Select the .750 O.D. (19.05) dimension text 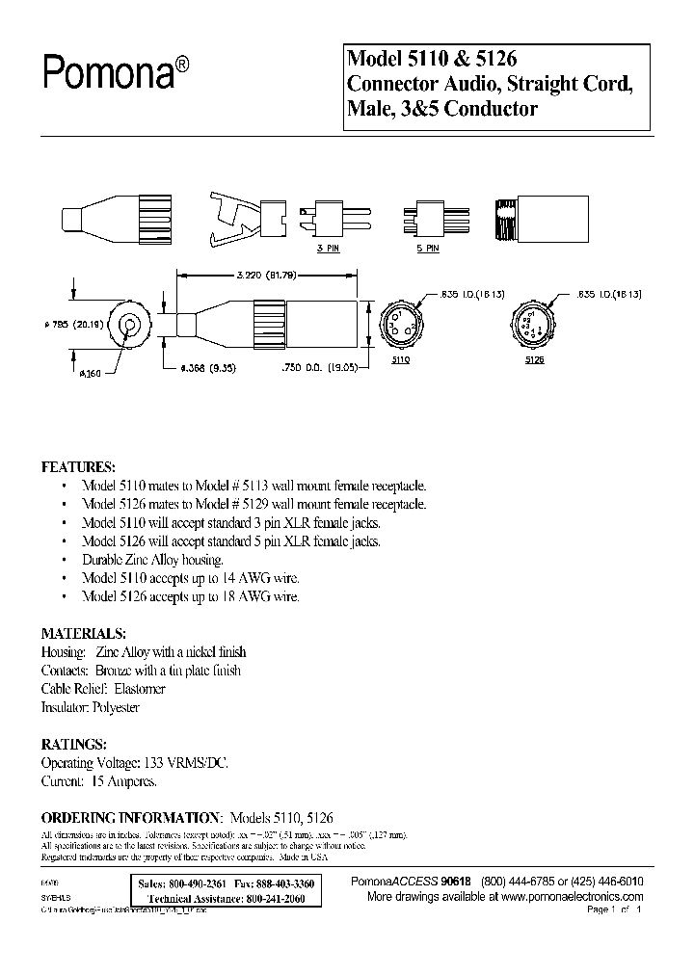pyautogui.click(x=311, y=367)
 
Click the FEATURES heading pyautogui.click(x=78, y=466)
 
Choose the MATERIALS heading pyautogui.click(x=83, y=634)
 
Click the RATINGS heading pyautogui.click(x=73, y=744)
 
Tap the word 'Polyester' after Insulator pyautogui.click(x=115, y=707)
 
